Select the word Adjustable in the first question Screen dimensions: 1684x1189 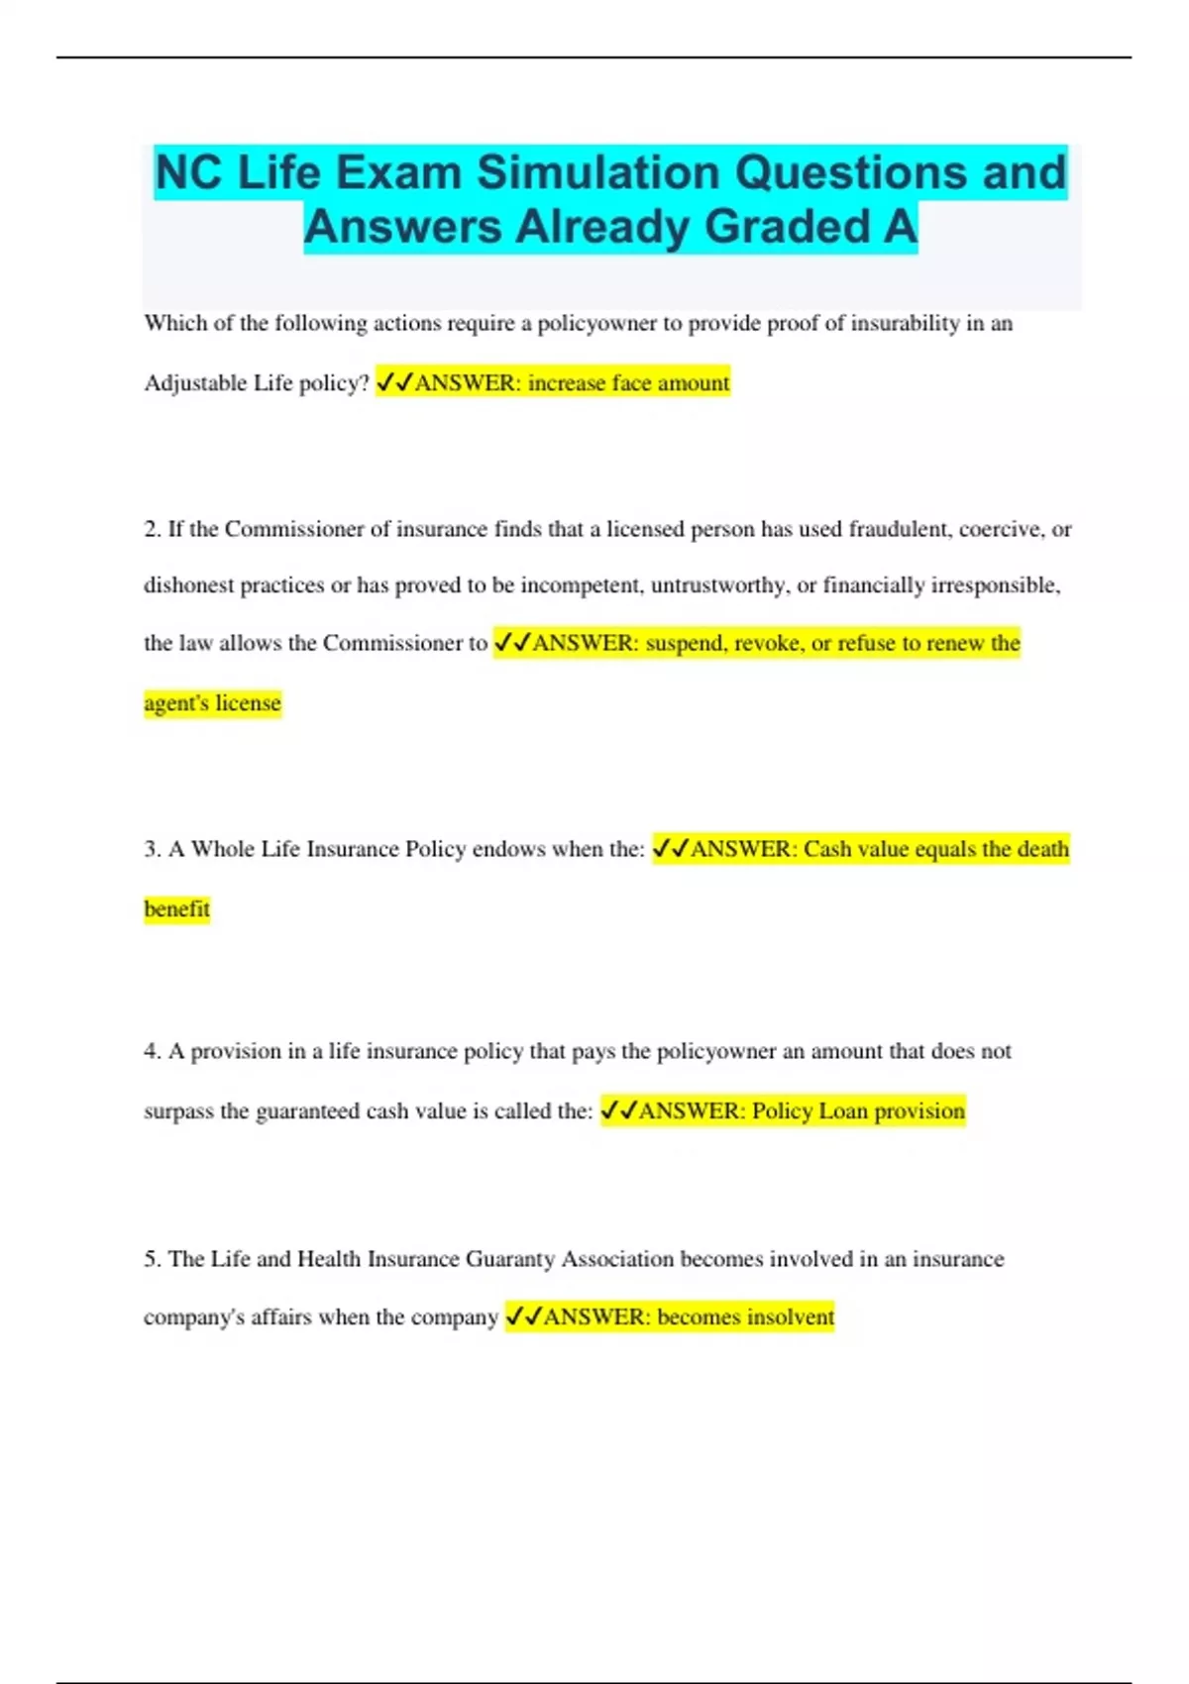pyautogui.click(x=193, y=383)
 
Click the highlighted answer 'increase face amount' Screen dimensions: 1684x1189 pyautogui.click(x=628, y=383)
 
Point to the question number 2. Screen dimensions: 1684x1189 pyautogui.click(x=152, y=529)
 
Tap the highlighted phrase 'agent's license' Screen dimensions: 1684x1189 pyautogui.click(x=212, y=703)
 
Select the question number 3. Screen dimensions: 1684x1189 pyautogui.click(x=152, y=849)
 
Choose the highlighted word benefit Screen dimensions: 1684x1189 pyautogui.click(x=176, y=909)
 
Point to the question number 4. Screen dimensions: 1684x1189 pyautogui.click(x=152, y=1051)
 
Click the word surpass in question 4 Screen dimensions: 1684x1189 pyautogui.click(x=178, y=1111)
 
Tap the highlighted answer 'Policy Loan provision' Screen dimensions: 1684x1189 pyautogui.click(x=858, y=1111)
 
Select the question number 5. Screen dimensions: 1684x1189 pyautogui.click(x=152, y=1259)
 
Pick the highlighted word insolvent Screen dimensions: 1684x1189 pyautogui.click(x=790, y=1317)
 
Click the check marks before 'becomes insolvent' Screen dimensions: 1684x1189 pyautogui.click(x=523, y=1317)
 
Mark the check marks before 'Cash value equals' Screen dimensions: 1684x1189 pyautogui.click(x=671, y=849)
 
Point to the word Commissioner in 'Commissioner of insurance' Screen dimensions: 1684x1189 pyautogui.click(x=294, y=529)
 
